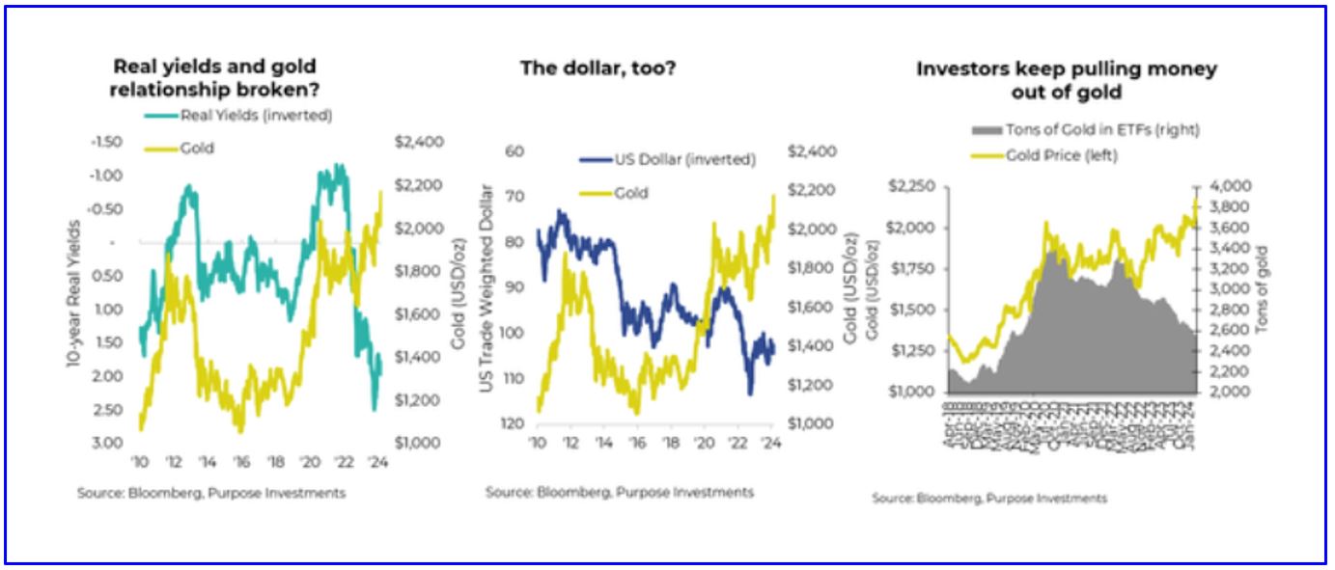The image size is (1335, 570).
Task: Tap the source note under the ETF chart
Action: (988, 498)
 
